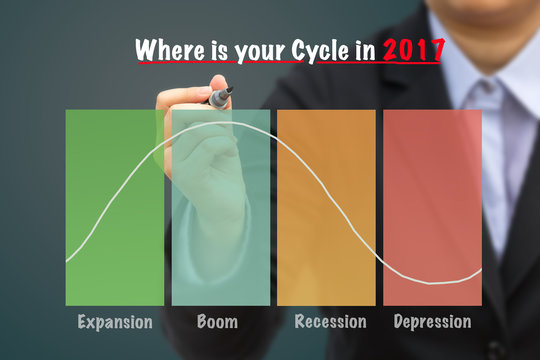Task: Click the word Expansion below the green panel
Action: click(x=115, y=322)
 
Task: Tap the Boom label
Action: click(x=217, y=322)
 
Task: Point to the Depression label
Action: click(x=432, y=322)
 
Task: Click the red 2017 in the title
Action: click(x=413, y=50)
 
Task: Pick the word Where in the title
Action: click(x=165, y=50)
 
